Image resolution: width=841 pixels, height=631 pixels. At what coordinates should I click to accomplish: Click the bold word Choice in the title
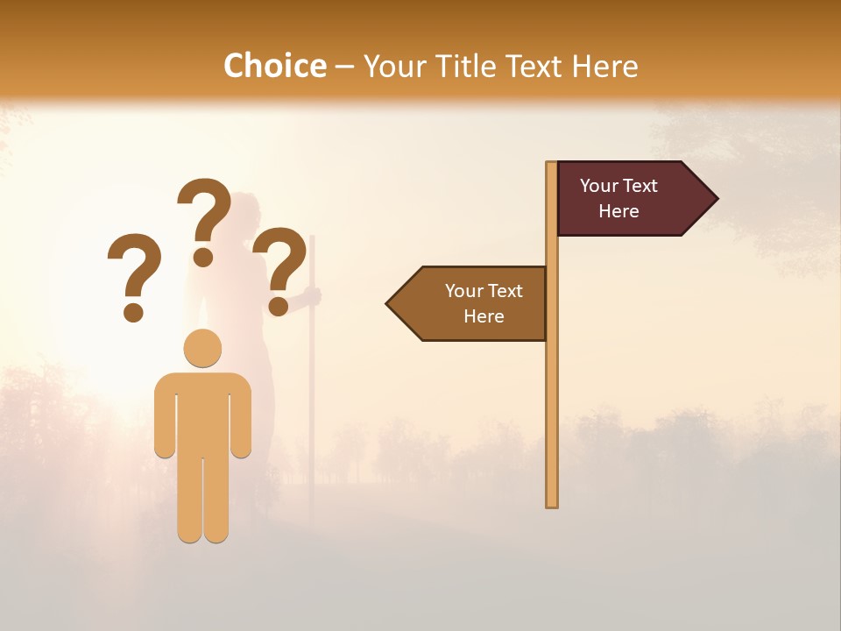coord(274,66)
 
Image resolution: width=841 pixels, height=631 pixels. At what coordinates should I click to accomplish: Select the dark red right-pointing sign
coord(626,199)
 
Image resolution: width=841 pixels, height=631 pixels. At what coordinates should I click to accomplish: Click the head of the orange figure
coord(202,348)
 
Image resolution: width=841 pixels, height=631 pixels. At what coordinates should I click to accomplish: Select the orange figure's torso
coord(202,412)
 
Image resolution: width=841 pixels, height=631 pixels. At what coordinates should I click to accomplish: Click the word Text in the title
coord(534,67)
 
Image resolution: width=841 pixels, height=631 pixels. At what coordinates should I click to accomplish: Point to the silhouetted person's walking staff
coord(311,394)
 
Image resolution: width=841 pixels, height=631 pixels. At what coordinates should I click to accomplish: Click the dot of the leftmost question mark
coord(133,311)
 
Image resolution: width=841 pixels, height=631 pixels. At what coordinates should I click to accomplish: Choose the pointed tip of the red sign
coord(716,199)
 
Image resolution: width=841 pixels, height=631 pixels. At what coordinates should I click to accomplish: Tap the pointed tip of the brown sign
coord(388,304)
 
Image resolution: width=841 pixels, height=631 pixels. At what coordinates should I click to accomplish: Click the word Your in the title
coord(391,67)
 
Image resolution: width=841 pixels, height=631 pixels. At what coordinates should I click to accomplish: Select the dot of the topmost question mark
coord(203,257)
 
